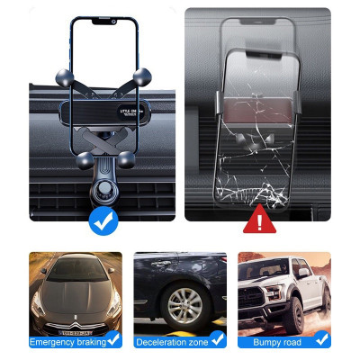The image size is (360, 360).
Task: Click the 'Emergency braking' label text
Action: (x=67, y=342)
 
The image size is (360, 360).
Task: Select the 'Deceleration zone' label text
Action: (x=171, y=342)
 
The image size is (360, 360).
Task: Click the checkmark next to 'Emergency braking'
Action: (x=114, y=339)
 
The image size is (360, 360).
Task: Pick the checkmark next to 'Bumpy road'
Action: (x=322, y=339)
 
